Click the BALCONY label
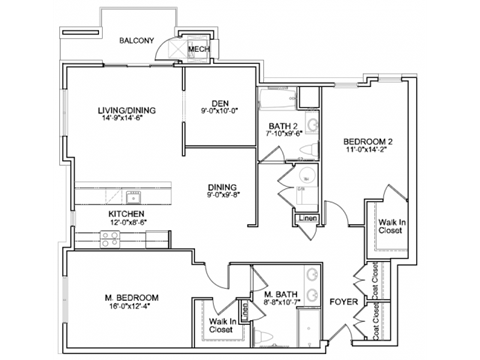coord(136,41)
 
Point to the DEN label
coord(221,102)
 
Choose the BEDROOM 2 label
coord(368,142)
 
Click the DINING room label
coord(222,187)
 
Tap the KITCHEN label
coord(128,213)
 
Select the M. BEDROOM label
coord(134,297)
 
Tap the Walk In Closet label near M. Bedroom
coord(223,324)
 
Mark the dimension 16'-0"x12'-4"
coord(134,307)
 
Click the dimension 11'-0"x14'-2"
coord(368,152)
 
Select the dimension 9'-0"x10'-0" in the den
coord(221,111)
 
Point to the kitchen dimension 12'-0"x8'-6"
coord(128,222)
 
